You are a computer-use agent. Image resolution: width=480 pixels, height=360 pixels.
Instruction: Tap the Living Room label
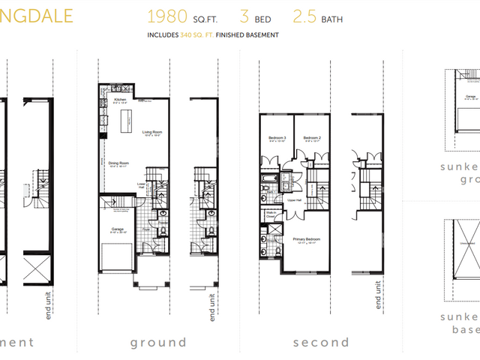pyautogui.click(x=153, y=132)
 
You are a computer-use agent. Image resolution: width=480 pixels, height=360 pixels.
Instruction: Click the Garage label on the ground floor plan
pyautogui.click(x=119, y=229)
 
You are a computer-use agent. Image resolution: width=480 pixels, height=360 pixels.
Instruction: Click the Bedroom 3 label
pyautogui.click(x=277, y=138)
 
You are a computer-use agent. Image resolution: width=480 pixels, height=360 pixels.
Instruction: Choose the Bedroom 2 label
pyautogui.click(x=312, y=138)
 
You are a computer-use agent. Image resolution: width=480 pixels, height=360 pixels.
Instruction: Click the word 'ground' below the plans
pyautogui.click(x=157, y=342)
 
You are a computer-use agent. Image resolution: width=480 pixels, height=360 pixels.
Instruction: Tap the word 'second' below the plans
pyautogui.click(x=320, y=342)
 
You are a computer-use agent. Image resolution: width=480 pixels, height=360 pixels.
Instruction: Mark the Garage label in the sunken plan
pyautogui.click(x=470, y=95)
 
